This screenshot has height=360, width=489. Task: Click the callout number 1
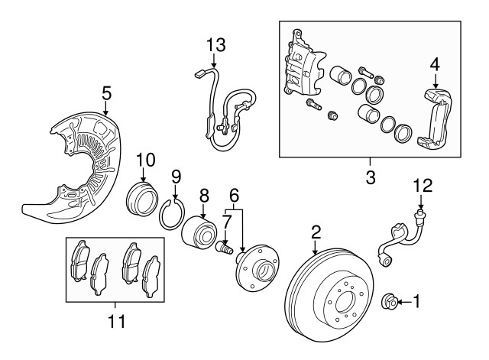point(417,301)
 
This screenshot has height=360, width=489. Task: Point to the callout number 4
point(434,64)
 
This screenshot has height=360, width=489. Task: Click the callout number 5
point(107,93)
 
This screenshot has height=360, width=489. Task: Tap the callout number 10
point(146,161)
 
